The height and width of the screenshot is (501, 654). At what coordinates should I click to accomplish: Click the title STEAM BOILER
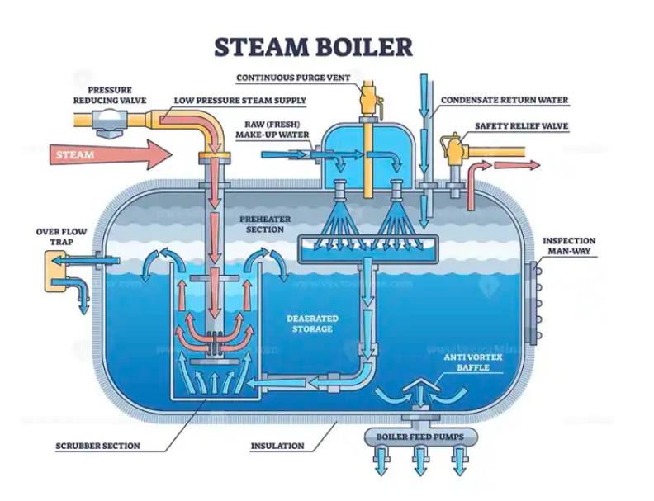pyautogui.click(x=313, y=46)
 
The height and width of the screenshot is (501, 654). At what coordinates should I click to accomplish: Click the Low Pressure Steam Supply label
pyautogui.click(x=239, y=101)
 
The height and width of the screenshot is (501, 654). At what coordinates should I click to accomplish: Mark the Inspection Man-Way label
pyautogui.click(x=568, y=245)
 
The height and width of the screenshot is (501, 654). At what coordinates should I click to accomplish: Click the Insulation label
pyautogui.click(x=277, y=447)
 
